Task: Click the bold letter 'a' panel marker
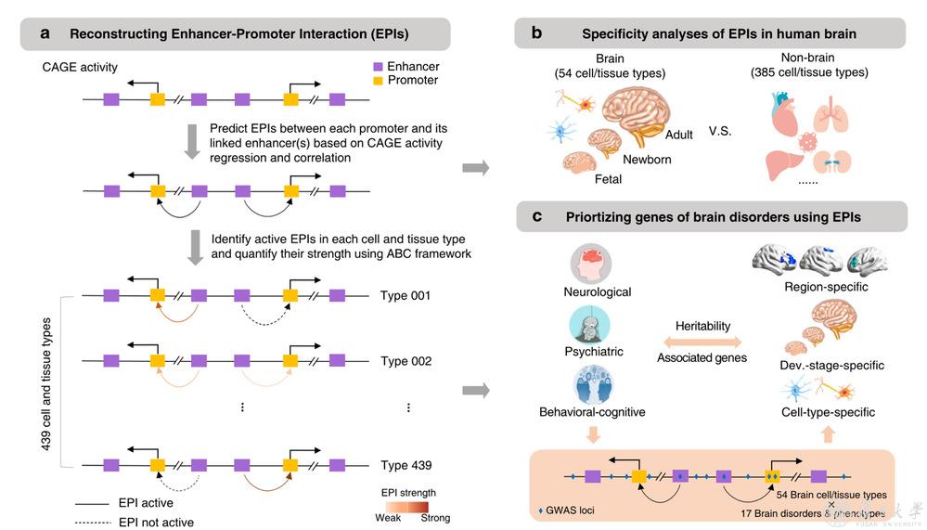pos(45,33)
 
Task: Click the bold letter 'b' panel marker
pos(536,33)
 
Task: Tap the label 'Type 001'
pos(406,296)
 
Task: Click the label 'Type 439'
pos(406,465)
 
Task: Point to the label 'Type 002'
pos(406,361)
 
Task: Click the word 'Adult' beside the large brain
pos(678,136)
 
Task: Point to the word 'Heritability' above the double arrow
pos(702,327)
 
